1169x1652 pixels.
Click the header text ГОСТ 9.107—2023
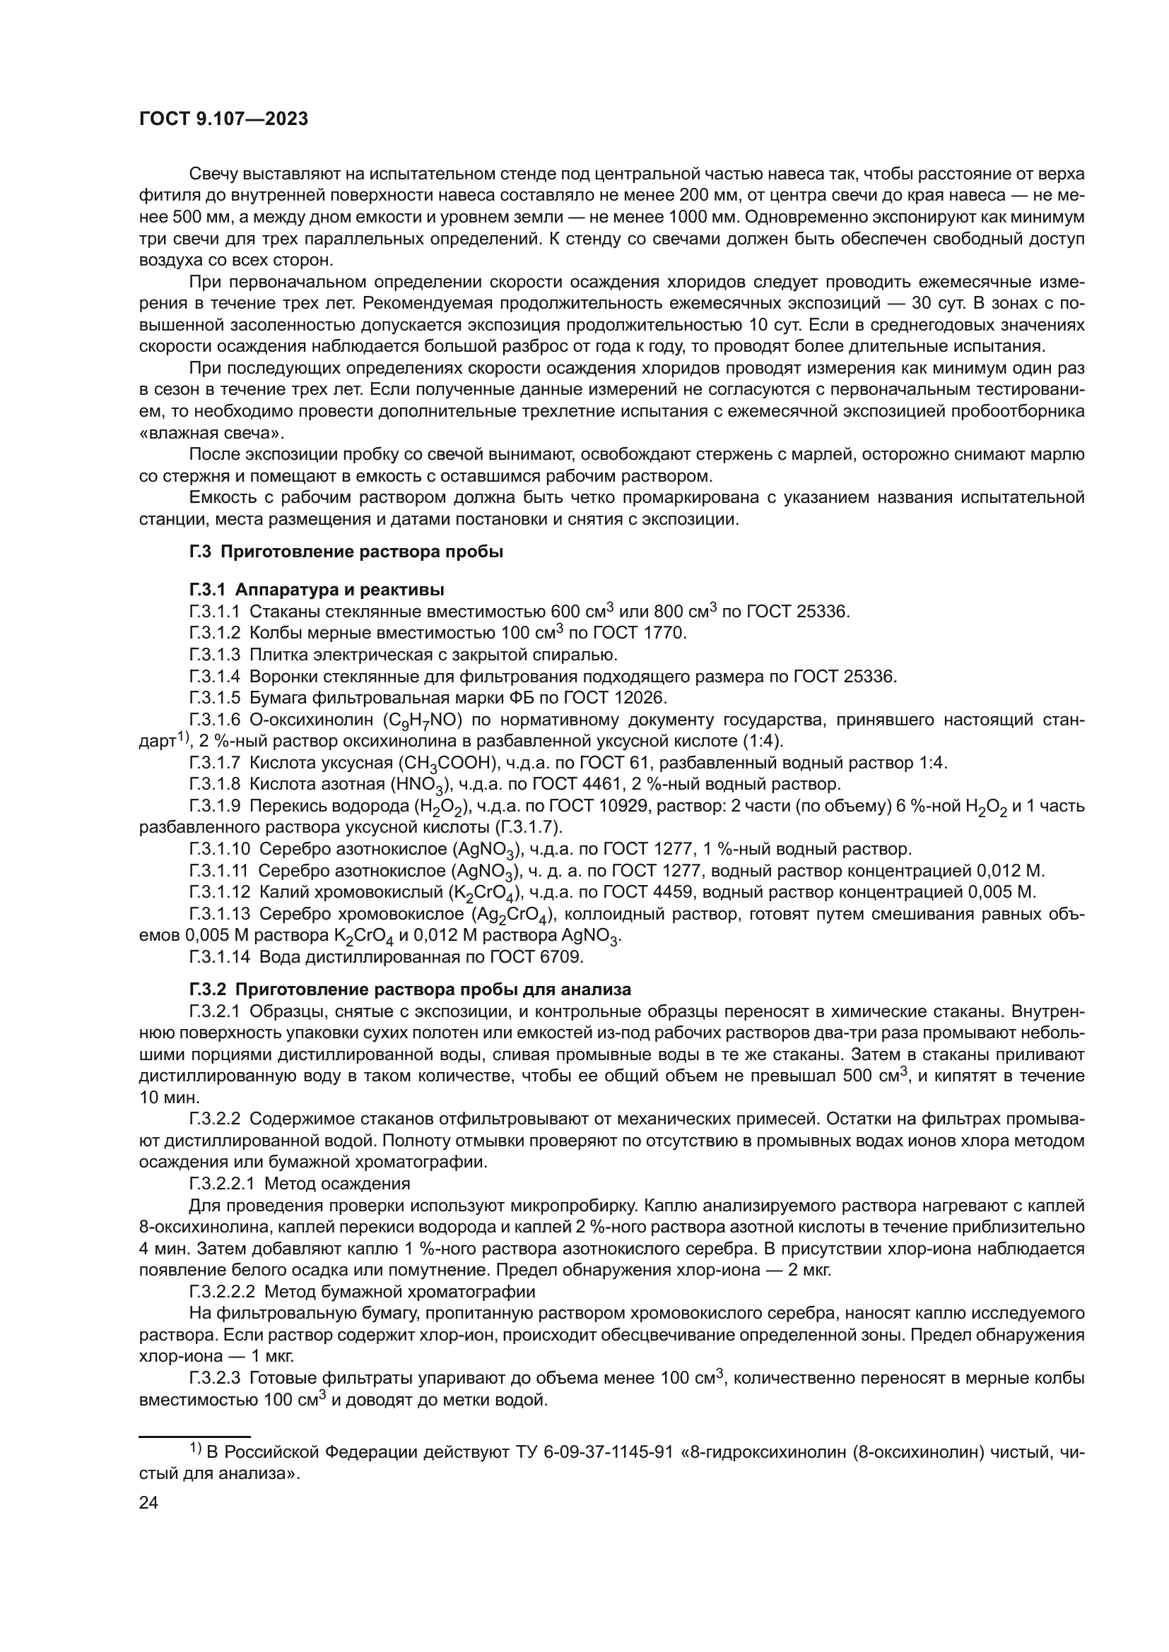pyautogui.click(x=223, y=119)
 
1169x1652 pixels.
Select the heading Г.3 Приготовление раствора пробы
pyautogui.click(x=346, y=552)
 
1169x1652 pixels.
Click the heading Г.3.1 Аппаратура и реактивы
pyautogui.click(x=317, y=590)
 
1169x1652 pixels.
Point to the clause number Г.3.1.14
pyautogui.click(x=220, y=957)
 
